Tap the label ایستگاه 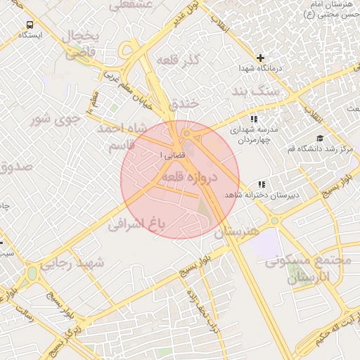pyautogui.click(x=29, y=34)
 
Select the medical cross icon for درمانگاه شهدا pyautogui.click(x=260, y=58)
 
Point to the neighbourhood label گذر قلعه pyautogui.click(x=179, y=60)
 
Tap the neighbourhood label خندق pyautogui.click(x=184, y=103)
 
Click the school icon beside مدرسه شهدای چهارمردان pyautogui.click(x=253, y=119)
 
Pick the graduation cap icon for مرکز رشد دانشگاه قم pyautogui.click(x=320, y=138)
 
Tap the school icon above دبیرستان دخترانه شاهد pyautogui.click(x=262, y=184)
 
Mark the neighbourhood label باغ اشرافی pyautogui.click(x=136, y=224)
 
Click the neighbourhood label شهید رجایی pyautogui.click(x=71, y=264)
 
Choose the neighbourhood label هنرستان pyautogui.click(x=236, y=231)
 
